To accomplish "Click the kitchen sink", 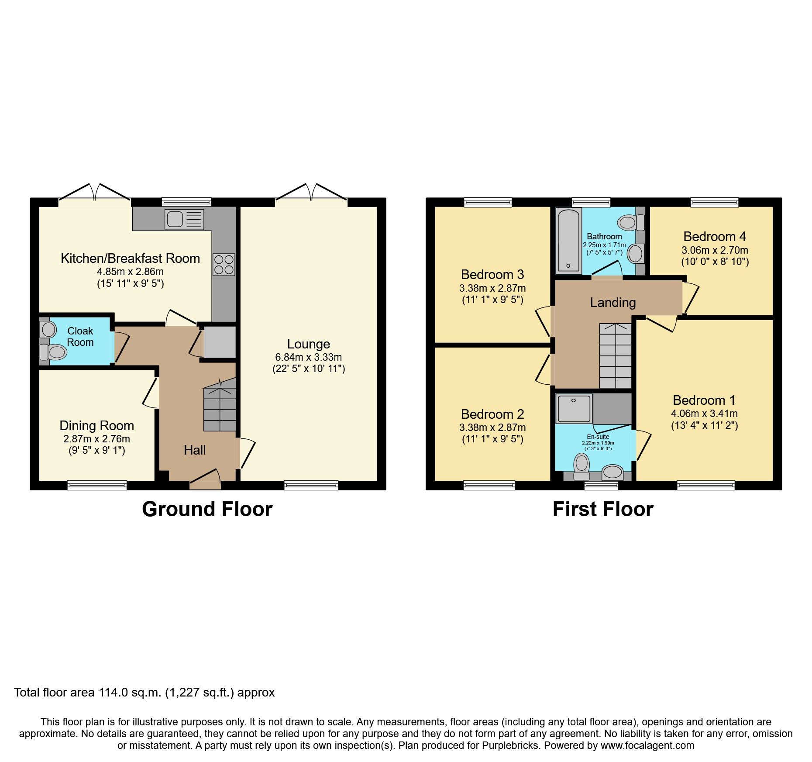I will (184, 219).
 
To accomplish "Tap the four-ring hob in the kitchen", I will (224, 265).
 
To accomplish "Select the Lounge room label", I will (308, 344).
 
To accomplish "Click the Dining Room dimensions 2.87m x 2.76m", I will (96, 439).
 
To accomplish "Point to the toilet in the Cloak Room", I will (54, 352).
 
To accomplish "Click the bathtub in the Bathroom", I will (568, 241).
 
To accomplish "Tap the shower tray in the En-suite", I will (574, 409).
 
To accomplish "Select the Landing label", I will (612, 302).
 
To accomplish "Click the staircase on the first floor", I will (615, 356).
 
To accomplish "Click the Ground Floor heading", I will (207, 509).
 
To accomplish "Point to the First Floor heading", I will (602, 509).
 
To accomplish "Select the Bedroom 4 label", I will (714, 236).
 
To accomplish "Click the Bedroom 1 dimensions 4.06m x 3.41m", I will (704, 413).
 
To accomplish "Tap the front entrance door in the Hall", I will (205, 479).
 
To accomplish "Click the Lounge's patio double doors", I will (311, 193).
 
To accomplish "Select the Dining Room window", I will (97, 485).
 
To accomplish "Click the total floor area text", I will (144, 693).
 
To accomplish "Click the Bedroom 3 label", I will (492, 274).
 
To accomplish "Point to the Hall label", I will (194, 450).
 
